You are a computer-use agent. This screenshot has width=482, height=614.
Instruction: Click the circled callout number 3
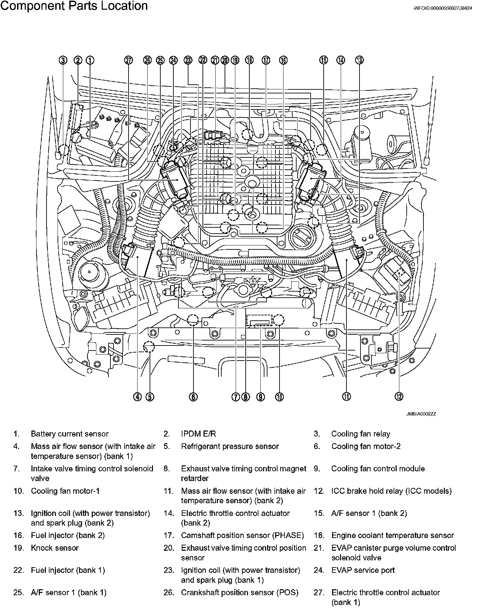pos(63,60)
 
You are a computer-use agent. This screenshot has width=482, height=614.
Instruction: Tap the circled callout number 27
pos(129,60)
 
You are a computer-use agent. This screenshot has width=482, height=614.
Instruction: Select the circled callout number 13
pos(359,60)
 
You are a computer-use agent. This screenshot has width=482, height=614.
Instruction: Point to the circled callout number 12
pos(399,397)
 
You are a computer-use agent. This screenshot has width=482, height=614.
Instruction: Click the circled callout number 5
pos(150,397)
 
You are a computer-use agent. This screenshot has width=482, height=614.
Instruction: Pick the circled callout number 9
pos(260,397)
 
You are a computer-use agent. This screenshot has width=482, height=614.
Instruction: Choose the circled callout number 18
pos(249,60)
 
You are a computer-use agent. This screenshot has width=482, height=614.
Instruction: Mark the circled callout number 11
pos(346,397)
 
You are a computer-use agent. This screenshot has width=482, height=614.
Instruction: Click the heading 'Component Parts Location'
pos(74,6)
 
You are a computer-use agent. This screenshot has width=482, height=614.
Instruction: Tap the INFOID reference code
pos(443,8)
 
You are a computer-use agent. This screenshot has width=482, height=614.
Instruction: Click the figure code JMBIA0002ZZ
pos(421,414)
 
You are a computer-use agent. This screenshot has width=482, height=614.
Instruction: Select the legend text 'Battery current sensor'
pos(70,434)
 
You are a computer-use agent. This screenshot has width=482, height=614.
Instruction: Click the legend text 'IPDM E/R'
pos(198,434)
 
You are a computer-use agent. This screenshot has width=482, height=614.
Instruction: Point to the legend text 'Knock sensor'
pos(55,548)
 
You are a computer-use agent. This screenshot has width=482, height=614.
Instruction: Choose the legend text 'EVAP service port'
pos(363,570)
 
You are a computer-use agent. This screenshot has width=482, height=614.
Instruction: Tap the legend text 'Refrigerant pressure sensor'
pos(230,446)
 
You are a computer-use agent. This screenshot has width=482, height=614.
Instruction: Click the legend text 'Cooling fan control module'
pos(378,469)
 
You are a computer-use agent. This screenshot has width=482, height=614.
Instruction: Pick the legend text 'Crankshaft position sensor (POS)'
pos(239,593)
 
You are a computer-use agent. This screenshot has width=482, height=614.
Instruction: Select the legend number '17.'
pos(169,535)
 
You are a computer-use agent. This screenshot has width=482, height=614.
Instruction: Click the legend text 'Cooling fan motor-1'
pos(65,491)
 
